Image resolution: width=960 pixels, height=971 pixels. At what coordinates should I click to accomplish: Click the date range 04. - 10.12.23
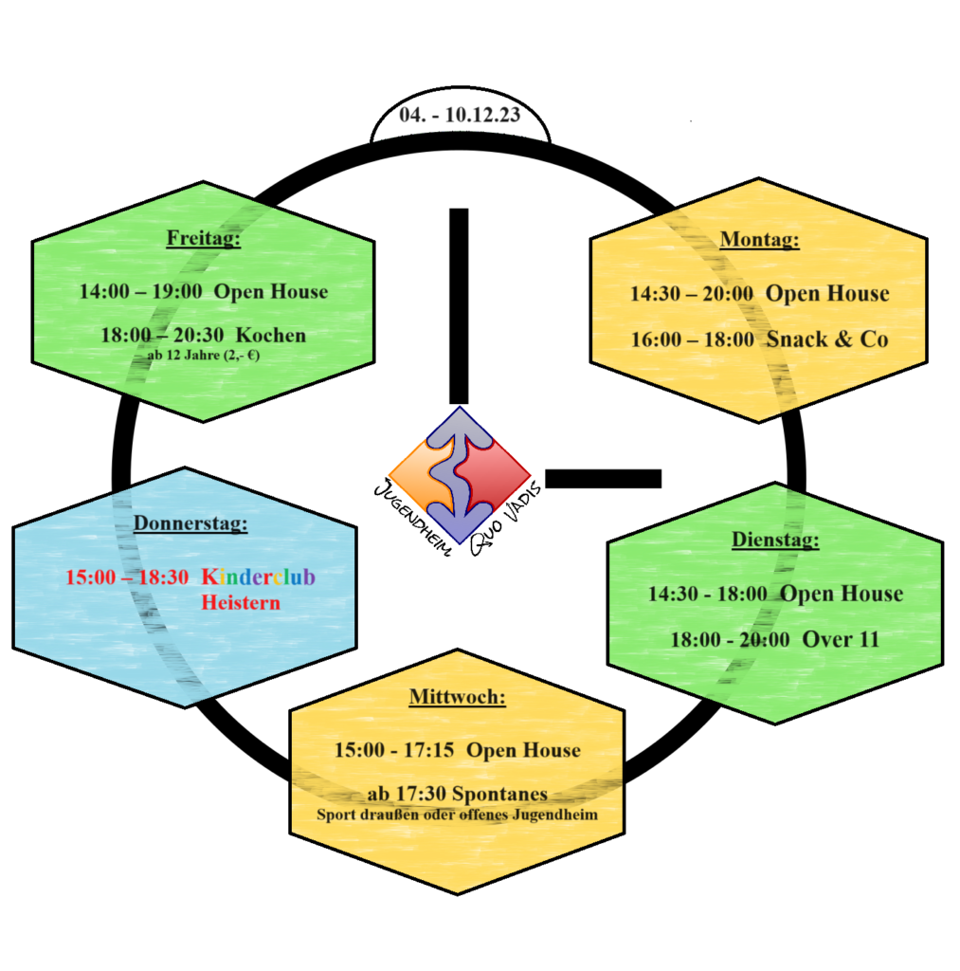460,115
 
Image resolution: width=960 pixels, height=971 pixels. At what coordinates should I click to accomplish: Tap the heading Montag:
759,239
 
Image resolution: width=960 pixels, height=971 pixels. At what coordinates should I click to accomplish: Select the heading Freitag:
203,238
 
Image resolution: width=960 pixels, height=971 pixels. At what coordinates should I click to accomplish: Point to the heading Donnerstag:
190,523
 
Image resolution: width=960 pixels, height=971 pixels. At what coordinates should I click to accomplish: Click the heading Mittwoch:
458,697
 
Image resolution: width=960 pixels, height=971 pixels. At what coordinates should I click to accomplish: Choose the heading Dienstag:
775,540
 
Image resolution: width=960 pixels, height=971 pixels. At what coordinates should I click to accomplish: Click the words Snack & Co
827,339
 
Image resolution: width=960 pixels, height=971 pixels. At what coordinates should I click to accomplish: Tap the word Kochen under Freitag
271,335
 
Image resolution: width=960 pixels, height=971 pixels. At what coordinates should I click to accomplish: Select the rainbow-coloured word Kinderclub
258,577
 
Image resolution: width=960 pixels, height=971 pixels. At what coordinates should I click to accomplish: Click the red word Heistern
241,602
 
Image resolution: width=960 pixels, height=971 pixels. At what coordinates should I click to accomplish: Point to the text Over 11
841,639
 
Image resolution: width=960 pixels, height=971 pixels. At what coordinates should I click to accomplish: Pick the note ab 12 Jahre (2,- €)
204,356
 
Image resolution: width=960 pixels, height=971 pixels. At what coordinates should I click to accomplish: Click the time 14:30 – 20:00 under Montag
692,294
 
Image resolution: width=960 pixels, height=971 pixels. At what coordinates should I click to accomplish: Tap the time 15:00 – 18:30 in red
127,577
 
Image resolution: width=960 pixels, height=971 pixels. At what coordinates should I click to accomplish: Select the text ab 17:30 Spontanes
458,794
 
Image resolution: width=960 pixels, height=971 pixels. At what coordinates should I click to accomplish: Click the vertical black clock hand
459,306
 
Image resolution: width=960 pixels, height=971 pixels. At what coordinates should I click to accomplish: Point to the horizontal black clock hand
604,479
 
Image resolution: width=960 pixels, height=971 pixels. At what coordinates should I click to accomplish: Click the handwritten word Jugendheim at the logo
411,518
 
